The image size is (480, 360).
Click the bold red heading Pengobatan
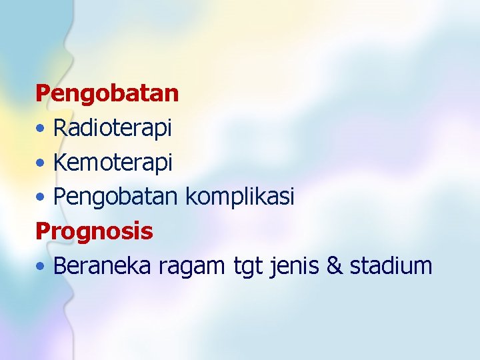pyautogui.click(x=107, y=93)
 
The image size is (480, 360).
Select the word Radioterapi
pyautogui.click(x=113, y=128)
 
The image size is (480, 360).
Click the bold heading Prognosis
pyautogui.click(x=94, y=231)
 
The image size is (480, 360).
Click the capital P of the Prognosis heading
pyautogui.click(x=43, y=231)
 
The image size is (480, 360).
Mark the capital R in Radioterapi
pyautogui.click(x=60, y=128)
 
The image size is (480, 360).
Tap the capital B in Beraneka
pyautogui.click(x=60, y=266)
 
